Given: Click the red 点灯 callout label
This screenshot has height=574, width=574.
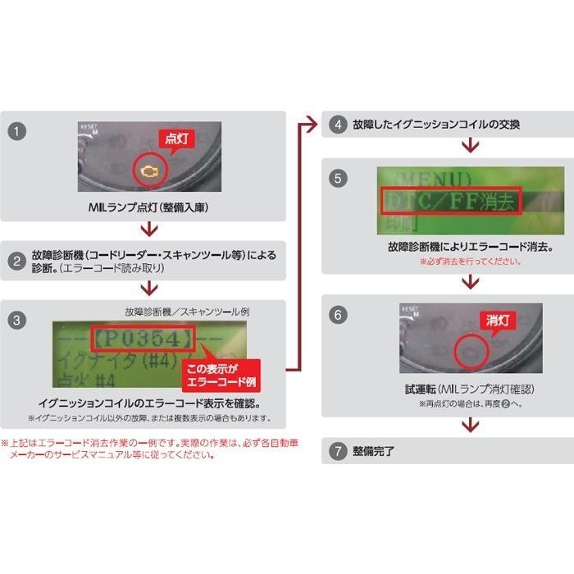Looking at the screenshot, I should [175, 139].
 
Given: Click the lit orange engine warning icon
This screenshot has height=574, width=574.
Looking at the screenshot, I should [149, 171].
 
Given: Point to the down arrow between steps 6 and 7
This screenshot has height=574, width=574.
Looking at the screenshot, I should [469, 425].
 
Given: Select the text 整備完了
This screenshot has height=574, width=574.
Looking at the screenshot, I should [374, 452].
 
